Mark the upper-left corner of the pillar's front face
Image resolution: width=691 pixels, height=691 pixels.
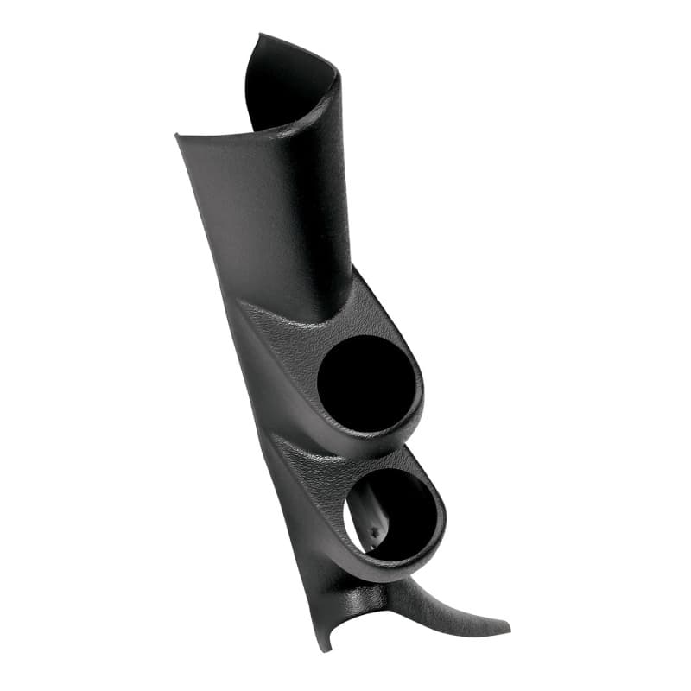(177, 136)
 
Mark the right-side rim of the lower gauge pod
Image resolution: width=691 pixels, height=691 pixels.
(442, 518)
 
